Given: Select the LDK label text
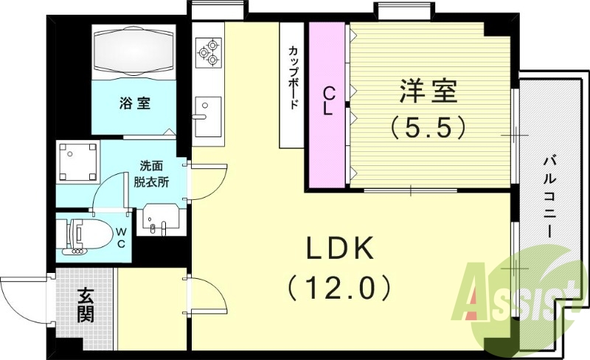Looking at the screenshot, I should [x=341, y=249].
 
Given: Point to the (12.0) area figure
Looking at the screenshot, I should [x=339, y=286].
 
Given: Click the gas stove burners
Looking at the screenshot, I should [x=208, y=51].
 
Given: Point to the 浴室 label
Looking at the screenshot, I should [x=134, y=103].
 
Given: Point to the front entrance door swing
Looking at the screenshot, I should [x=22, y=299].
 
